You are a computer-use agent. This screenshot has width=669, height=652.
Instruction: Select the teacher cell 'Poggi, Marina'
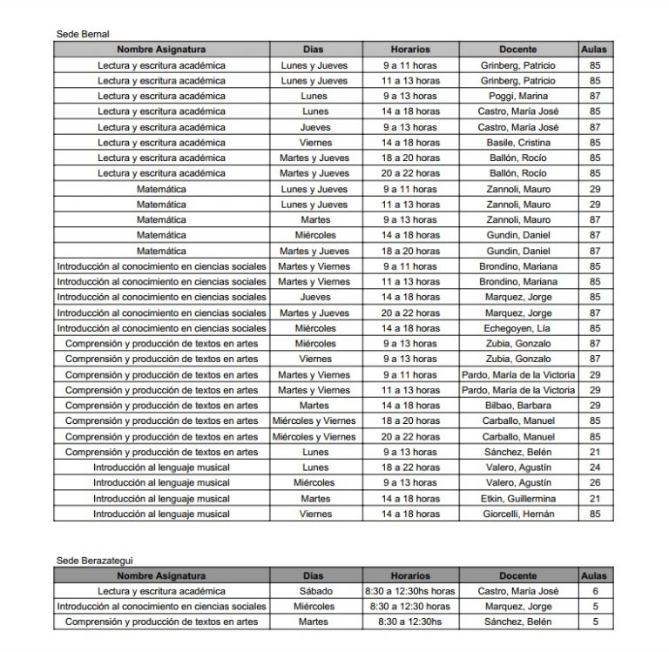coord(518,96)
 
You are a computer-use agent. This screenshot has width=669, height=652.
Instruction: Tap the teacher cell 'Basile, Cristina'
coord(518,143)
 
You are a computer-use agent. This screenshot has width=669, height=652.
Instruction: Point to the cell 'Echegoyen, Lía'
coord(518,328)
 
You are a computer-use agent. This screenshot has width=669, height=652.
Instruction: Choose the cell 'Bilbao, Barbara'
coord(518,406)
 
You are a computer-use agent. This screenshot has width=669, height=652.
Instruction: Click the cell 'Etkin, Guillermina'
coord(518,499)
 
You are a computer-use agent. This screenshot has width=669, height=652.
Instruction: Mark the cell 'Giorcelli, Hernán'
coord(518,514)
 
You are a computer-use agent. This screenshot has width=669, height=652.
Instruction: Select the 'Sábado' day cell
coord(314,591)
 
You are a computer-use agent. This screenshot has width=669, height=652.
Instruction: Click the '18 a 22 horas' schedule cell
coord(410,467)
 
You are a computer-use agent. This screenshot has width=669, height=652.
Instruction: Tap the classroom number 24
coord(595,467)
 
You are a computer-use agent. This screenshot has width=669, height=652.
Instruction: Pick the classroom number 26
coord(595,483)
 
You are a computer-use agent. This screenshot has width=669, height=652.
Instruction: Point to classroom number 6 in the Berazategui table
coord(595,591)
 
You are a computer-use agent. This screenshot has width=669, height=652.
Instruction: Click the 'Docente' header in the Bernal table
coord(518,50)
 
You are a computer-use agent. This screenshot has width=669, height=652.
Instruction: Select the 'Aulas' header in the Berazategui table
coord(595,575)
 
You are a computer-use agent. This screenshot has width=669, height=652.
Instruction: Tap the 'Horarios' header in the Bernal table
coord(410,50)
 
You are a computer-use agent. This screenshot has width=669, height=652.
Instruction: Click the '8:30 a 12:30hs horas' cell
coord(410,591)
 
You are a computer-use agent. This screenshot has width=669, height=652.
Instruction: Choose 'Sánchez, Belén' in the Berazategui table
coord(518,622)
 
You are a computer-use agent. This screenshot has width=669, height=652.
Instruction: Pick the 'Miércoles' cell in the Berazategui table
coord(314,607)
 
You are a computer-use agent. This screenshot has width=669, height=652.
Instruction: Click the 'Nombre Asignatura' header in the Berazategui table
coord(161,575)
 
